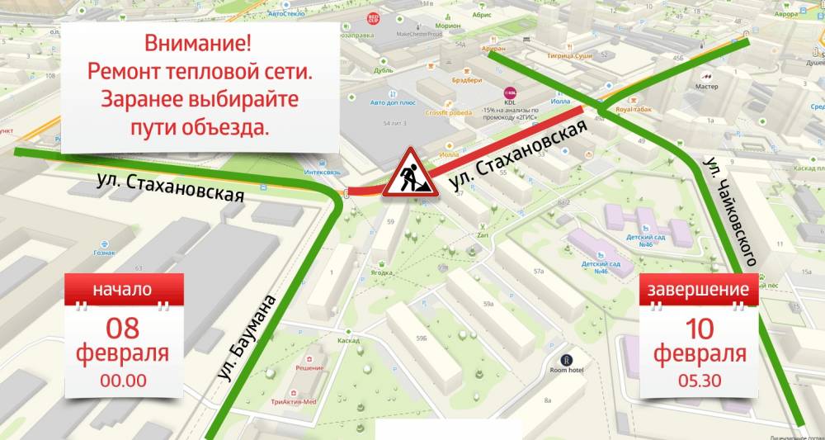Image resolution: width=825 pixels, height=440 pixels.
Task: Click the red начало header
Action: [122, 290]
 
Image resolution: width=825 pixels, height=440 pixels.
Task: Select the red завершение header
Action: [698, 290]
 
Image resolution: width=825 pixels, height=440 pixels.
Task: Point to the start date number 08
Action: [122, 327]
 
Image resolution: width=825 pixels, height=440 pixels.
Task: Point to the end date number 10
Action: [700, 328]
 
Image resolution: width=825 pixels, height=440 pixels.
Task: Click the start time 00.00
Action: [123, 381]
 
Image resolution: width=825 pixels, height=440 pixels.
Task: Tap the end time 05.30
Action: [700, 381]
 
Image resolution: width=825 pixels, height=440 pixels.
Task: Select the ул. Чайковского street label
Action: [729, 211]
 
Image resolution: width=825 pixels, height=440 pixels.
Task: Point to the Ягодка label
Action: [381, 272]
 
